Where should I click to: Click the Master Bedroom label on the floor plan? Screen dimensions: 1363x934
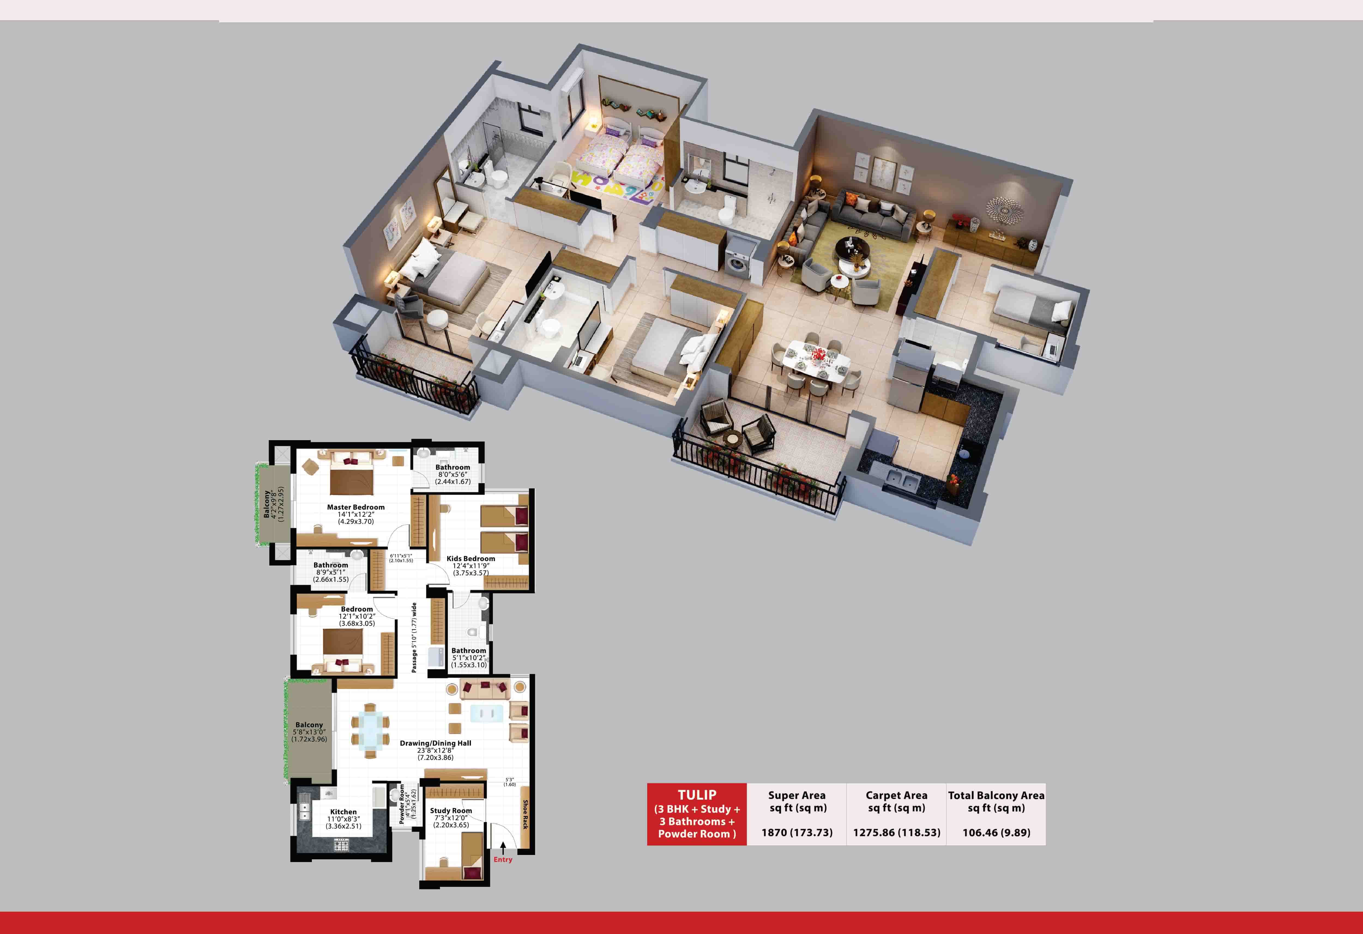[x=355, y=507]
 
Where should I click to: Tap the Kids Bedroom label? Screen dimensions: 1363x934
[x=470, y=559]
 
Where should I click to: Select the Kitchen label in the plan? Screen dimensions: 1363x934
[x=343, y=812]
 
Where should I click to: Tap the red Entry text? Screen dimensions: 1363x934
[x=503, y=860]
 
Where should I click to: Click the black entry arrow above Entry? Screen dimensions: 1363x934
[x=503, y=848]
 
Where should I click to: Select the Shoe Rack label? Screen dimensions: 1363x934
[x=525, y=814]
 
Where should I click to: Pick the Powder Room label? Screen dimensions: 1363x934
[x=402, y=804]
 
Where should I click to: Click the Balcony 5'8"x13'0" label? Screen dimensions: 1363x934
[x=309, y=732]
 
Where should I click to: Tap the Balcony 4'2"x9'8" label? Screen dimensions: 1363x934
[x=273, y=504]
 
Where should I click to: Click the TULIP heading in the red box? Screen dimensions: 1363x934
[x=697, y=795]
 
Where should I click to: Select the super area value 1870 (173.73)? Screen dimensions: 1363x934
[x=797, y=833]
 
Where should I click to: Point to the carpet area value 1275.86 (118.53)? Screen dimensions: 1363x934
[x=896, y=833]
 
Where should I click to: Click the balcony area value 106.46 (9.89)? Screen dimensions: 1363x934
[x=996, y=833]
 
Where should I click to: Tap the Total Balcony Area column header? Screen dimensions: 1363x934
[x=996, y=802]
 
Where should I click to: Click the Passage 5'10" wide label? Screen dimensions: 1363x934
[x=414, y=637]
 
